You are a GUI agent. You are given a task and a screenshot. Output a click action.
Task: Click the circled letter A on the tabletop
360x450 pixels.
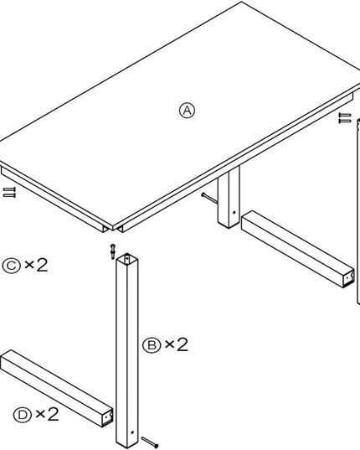187,111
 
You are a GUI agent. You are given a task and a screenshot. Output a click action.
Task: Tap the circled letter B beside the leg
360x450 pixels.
152,345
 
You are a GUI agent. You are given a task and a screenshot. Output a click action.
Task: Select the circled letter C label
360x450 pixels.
11,266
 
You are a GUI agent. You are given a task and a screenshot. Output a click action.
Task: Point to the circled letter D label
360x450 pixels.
23,415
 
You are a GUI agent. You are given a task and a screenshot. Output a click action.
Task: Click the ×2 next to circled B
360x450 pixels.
177,344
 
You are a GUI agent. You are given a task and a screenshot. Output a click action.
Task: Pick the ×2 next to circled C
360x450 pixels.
36,265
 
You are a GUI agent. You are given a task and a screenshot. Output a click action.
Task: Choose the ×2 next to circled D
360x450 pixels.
47,414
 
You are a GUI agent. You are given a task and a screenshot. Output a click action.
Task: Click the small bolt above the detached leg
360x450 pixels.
113,251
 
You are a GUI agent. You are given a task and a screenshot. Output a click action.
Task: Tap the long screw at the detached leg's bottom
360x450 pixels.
150,442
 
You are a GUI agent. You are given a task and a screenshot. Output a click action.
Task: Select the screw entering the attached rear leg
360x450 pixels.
209,198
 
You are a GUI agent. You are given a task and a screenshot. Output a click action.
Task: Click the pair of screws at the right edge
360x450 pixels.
345,118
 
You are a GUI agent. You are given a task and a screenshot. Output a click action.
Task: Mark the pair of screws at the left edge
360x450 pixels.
9,192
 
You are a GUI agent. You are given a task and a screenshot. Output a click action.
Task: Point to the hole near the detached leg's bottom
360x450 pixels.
132,432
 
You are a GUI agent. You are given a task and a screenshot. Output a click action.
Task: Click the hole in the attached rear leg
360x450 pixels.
234,212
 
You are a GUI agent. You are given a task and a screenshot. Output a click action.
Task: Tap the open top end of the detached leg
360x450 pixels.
127,258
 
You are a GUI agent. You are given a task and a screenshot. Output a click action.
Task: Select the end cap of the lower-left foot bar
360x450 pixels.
107,417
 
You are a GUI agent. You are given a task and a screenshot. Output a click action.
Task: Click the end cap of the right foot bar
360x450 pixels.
349,278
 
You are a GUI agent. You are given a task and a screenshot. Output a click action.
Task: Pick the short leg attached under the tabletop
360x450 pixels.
229,198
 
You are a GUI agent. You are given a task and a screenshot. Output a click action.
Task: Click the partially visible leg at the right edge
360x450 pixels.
358,211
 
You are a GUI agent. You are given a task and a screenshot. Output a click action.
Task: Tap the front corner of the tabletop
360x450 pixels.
113,230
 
